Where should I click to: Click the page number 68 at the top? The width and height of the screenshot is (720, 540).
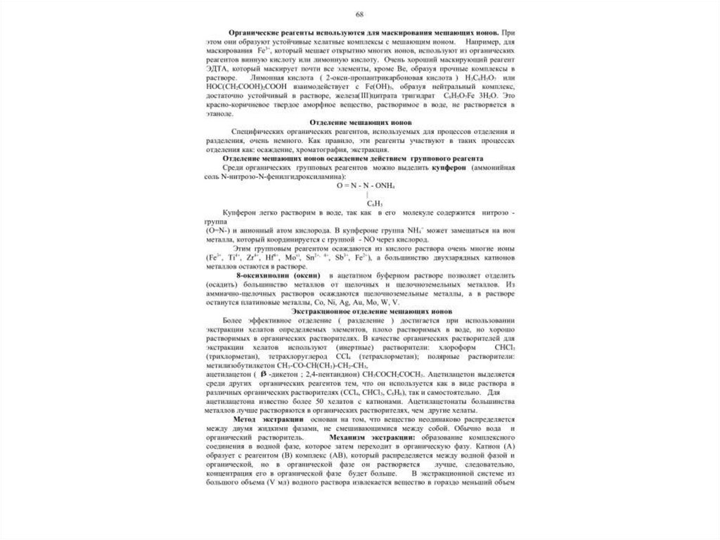pos(359,15)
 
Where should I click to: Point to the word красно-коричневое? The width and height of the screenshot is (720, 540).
pos(233,104)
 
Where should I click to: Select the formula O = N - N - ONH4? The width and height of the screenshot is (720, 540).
pos(366,185)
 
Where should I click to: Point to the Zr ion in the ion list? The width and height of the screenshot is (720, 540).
pos(254,259)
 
